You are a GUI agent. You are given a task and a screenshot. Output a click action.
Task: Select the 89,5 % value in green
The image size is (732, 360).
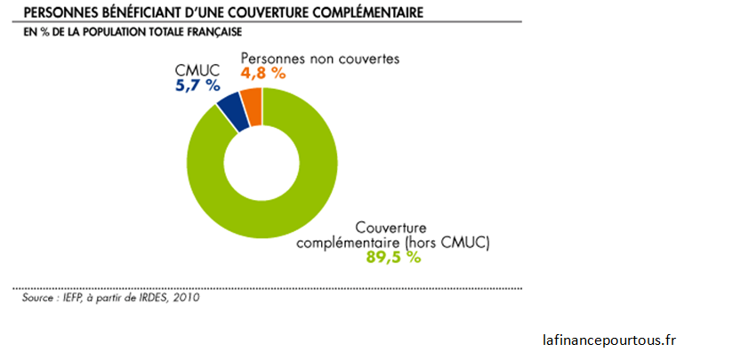coord(393,257)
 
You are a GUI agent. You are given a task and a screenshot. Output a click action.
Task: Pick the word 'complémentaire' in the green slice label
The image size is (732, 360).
coord(349,241)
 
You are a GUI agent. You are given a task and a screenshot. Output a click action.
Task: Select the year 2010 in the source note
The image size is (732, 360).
coord(184,298)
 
